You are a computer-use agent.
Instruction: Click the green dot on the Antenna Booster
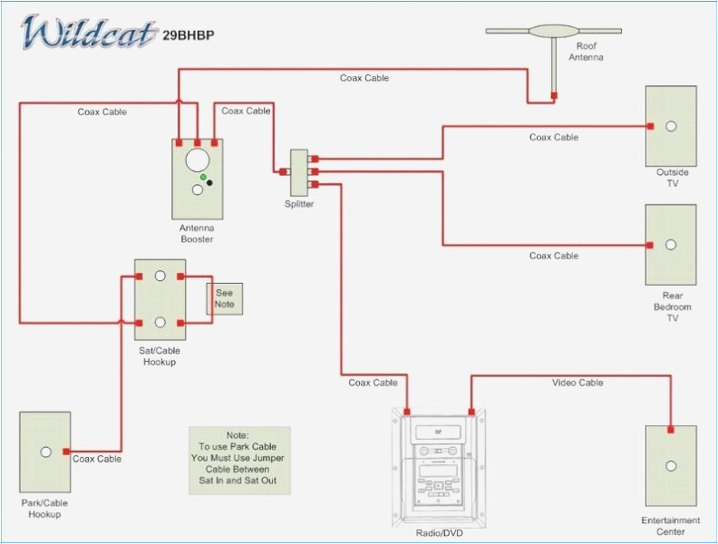[204, 177]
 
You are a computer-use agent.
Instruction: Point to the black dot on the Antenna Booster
[210, 183]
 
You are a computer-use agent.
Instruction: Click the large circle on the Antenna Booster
[197, 160]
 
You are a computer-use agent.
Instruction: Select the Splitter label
[299, 204]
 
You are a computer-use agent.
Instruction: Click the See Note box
[224, 298]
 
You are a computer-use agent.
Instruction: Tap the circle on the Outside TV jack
[671, 126]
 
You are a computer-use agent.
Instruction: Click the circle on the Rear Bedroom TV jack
[671, 245]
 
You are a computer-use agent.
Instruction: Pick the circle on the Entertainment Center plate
[671, 466]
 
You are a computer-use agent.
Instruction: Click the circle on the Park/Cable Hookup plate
[45, 452]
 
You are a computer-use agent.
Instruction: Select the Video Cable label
[577, 383]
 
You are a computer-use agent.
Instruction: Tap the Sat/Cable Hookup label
[160, 356]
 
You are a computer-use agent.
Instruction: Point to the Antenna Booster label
[197, 233]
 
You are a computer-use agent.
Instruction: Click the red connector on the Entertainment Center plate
[671, 430]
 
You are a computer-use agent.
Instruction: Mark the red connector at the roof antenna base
[554, 94]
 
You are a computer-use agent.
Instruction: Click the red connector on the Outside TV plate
[650, 126]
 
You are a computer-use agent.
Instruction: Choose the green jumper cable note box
[239, 461]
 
